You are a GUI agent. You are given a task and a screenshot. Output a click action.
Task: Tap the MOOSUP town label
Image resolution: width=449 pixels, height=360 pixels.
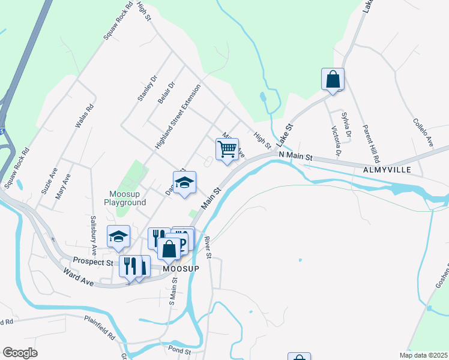click(x=181, y=269)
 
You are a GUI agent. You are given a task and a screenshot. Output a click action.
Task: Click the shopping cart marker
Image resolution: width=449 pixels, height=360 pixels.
click(x=228, y=148)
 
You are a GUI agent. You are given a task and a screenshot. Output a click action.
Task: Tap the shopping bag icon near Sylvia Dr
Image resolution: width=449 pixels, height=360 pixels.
click(x=333, y=79)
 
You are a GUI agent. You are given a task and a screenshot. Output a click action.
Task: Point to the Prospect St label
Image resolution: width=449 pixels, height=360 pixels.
click(x=93, y=262)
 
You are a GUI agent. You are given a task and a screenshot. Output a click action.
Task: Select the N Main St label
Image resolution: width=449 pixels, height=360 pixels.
click(x=296, y=156)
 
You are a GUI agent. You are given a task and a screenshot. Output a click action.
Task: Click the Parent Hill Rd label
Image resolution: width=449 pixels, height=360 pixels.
click(x=372, y=144)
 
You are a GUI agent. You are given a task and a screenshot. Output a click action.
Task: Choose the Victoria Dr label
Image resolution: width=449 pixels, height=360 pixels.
click(x=336, y=142)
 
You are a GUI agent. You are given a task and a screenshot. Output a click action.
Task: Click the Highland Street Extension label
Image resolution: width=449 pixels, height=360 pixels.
click(x=178, y=116)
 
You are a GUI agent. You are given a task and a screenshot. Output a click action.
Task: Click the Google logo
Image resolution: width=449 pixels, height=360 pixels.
click(x=20, y=353)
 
